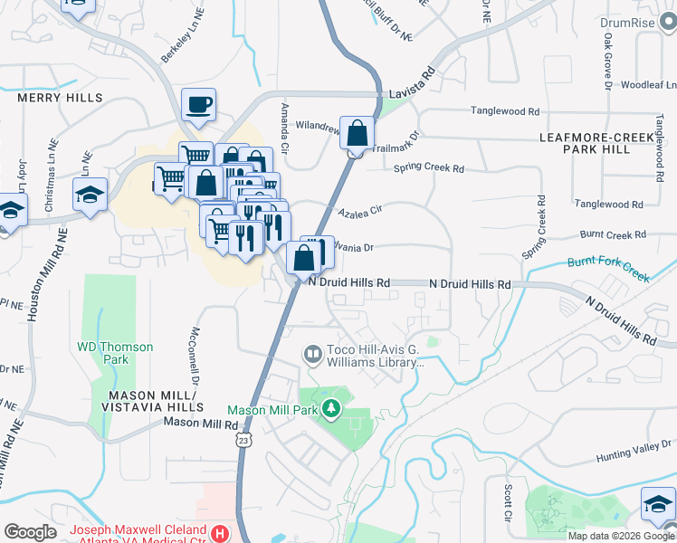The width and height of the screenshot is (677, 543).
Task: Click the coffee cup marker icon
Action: (x=198, y=105)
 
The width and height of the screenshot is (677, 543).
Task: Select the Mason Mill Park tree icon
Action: (x=331, y=408)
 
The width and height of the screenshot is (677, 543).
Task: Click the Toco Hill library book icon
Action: (x=312, y=354)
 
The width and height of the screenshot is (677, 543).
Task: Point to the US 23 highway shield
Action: (x=242, y=439)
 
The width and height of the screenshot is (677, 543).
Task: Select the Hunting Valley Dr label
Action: (x=632, y=461)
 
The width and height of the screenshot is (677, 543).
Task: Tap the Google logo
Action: (x=30, y=532)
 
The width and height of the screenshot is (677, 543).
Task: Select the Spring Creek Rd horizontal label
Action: (x=428, y=168)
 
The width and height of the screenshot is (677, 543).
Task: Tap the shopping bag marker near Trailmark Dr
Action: (x=358, y=133)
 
